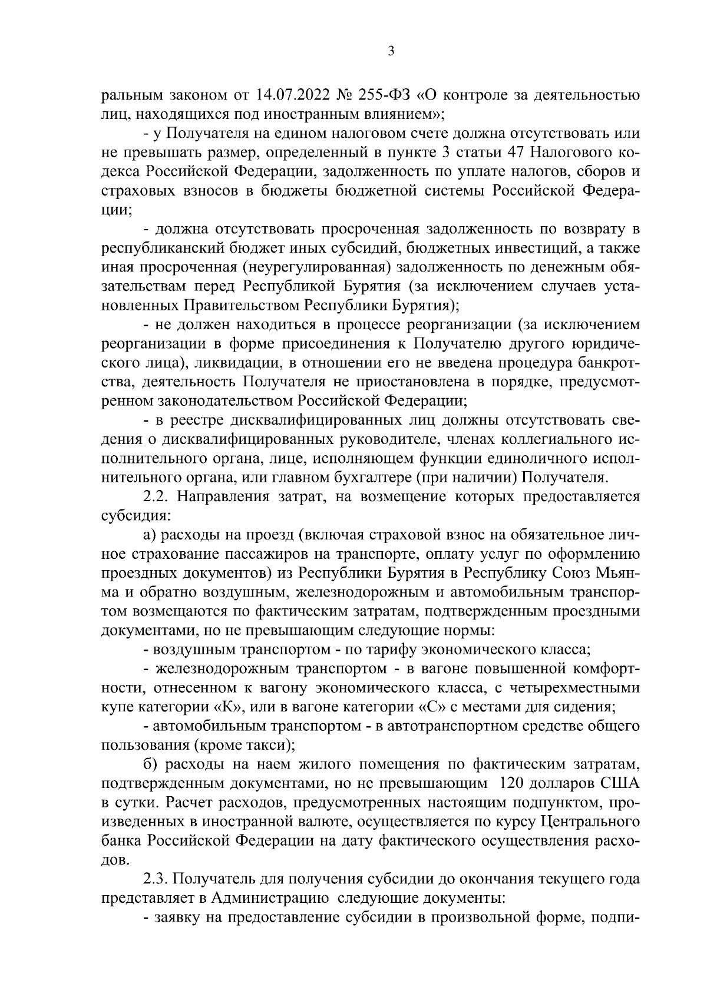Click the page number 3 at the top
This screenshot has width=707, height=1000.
coord(391,52)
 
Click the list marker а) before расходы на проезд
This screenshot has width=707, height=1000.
coord(149,535)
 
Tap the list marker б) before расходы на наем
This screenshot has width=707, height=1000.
coord(150,764)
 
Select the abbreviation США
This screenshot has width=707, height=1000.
coord(619,784)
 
